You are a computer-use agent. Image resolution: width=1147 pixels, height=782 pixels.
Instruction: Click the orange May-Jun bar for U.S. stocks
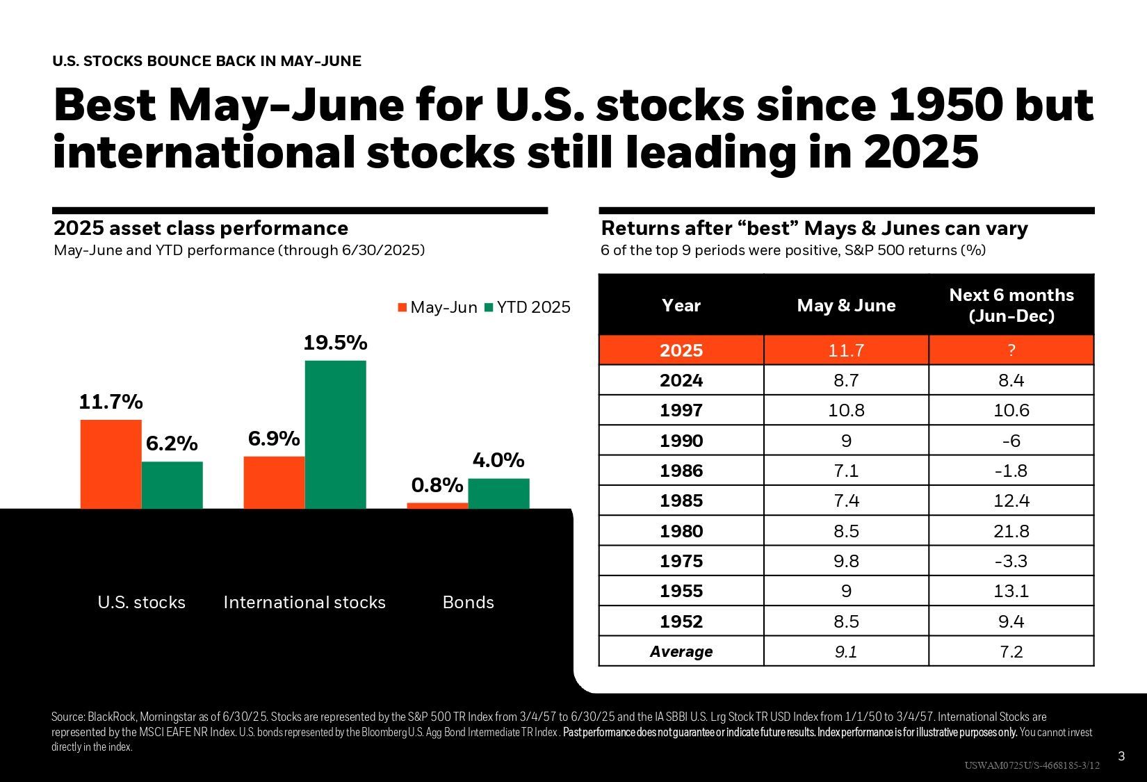(111, 464)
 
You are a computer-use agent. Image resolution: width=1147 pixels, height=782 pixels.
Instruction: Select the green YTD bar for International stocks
(335, 434)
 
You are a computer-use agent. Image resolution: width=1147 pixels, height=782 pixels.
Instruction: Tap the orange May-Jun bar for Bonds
(437, 505)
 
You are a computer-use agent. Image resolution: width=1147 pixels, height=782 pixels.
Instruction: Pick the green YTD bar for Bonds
(498, 494)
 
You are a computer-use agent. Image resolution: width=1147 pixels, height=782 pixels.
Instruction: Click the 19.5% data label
(335, 343)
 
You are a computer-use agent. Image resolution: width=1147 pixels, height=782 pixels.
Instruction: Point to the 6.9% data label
(274, 439)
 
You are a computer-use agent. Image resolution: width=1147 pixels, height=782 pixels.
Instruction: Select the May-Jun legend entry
(437, 307)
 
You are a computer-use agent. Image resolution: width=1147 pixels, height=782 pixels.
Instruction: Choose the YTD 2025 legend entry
(528, 307)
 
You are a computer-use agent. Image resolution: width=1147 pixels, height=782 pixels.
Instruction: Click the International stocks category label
(304, 602)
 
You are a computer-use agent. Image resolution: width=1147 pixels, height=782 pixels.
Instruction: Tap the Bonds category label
(468, 602)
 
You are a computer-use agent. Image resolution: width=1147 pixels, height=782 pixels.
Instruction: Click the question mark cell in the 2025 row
(1011, 350)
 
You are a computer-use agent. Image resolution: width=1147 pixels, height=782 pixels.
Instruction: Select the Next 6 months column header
(1011, 305)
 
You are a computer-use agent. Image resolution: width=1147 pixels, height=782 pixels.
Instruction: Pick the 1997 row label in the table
(681, 410)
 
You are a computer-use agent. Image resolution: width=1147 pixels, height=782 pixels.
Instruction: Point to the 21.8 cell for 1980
(1011, 531)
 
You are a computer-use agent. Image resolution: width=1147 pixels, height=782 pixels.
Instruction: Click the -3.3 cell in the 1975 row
(1011, 561)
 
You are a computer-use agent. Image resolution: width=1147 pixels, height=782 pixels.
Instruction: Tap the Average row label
(681, 651)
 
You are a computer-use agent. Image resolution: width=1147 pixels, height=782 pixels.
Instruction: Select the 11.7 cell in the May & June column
(846, 350)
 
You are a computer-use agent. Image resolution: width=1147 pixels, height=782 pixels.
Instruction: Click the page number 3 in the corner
(1121, 756)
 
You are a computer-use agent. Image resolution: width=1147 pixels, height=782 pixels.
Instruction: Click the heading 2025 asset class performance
(201, 228)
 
